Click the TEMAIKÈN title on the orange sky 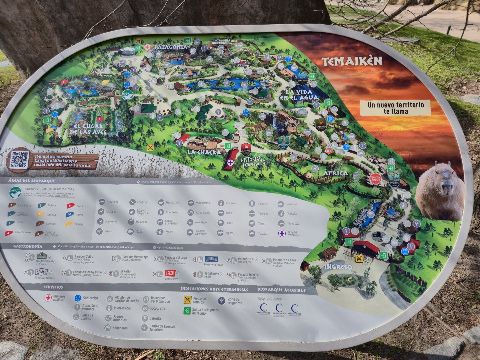(x=352, y=61)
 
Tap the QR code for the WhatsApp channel (x=19, y=160)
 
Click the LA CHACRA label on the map (x=204, y=152)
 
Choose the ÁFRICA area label (x=335, y=173)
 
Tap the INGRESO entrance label (x=338, y=267)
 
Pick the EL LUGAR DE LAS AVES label (x=88, y=129)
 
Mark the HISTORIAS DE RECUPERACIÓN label (x=254, y=162)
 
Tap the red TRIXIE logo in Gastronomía (x=170, y=273)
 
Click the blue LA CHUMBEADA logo (x=211, y=259)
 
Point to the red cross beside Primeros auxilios (x=48, y=298)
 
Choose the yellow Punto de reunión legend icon (x=187, y=300)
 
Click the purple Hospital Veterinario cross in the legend (x=282, y=233)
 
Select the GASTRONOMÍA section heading (x=28, y=246)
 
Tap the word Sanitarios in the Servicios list (x=90, y=298)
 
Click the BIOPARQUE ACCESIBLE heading (x=281, y=290)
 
